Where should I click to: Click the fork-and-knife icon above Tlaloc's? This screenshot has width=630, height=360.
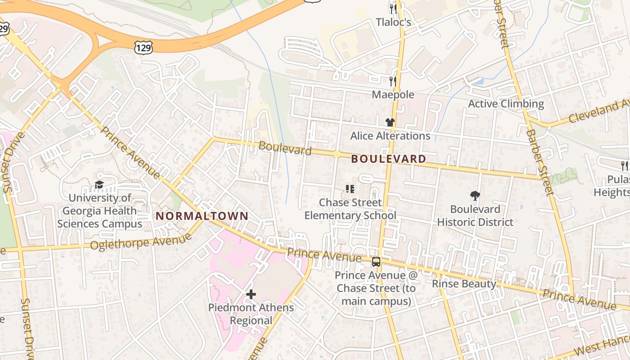point(393,9)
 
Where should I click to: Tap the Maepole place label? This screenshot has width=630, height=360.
point(393,94)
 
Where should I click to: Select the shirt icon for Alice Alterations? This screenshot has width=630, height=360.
point(390,122)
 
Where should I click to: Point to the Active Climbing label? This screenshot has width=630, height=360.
point(506,104)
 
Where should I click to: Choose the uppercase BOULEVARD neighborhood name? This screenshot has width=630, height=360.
point(388,159)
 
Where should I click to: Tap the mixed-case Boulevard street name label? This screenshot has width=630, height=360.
point(285,148)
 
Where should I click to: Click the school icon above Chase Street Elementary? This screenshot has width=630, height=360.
point(350,189)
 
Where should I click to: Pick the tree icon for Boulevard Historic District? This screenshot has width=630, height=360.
point(475,195)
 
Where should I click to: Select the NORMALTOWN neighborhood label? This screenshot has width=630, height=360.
point(202,216)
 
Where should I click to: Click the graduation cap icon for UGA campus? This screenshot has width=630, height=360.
point(99,184)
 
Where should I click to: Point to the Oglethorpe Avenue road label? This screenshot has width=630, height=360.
point(140,242)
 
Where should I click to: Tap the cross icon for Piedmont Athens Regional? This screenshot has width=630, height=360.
point(251,294)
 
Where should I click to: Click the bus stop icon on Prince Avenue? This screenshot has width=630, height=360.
point(376,262)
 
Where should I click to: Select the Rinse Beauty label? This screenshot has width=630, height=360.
point(463,284)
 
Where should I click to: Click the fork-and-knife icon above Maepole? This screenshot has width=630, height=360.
point(393,81)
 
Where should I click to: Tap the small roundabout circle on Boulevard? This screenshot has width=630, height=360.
point(337,154)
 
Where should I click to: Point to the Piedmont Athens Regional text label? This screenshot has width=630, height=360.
point(251,314)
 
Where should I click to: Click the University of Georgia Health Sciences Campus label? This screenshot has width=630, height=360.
point(99,211)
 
